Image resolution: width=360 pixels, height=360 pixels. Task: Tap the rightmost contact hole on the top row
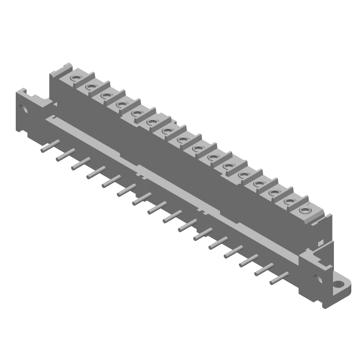coord(305,209)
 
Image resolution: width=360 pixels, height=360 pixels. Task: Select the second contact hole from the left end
coord(90,86)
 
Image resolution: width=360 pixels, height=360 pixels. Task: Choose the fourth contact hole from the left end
coord(121,104)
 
